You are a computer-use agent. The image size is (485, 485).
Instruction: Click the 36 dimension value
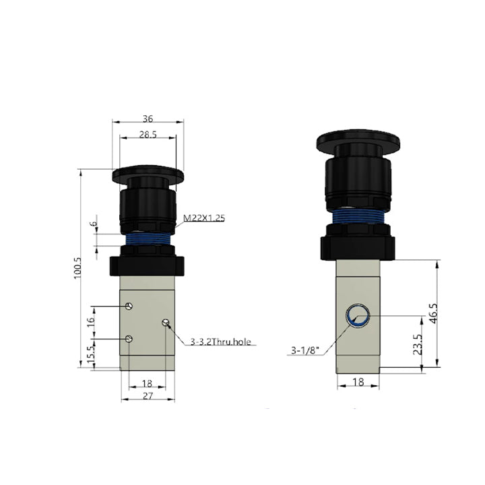point(148,119)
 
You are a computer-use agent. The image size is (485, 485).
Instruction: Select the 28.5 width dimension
point(148,135)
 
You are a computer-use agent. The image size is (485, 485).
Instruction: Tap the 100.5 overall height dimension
point(77,268)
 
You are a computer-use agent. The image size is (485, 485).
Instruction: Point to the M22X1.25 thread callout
point(204,218)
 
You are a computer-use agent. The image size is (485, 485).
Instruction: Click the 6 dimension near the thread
point(94,224)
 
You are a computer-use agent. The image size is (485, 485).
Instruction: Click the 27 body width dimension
point(148,395)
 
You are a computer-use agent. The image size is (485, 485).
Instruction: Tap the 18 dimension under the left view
point(148,383)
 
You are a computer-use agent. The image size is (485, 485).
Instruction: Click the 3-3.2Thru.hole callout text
point(220,342)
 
